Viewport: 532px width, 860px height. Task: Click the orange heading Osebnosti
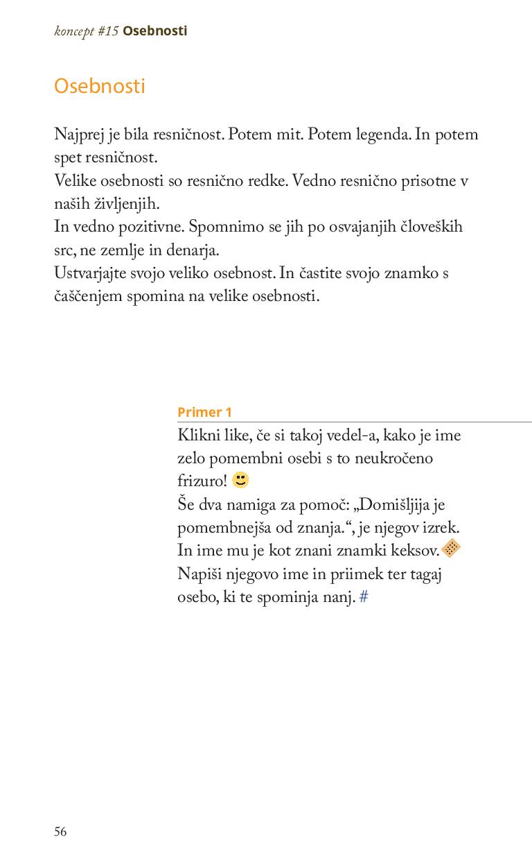[100, 87]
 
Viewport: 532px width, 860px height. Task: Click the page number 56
[61, 832]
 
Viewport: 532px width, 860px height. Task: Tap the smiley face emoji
[241, 480]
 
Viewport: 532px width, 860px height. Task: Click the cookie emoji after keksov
[451, 549]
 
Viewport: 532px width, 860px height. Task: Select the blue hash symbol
[364, 596]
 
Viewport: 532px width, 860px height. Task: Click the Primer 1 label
[204, 412]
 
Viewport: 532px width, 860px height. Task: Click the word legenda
[382, 135]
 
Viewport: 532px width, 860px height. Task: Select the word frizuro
[200, 481]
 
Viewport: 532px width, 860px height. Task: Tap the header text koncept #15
[87, 31]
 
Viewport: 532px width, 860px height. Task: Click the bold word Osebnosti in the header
[155, 31]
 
